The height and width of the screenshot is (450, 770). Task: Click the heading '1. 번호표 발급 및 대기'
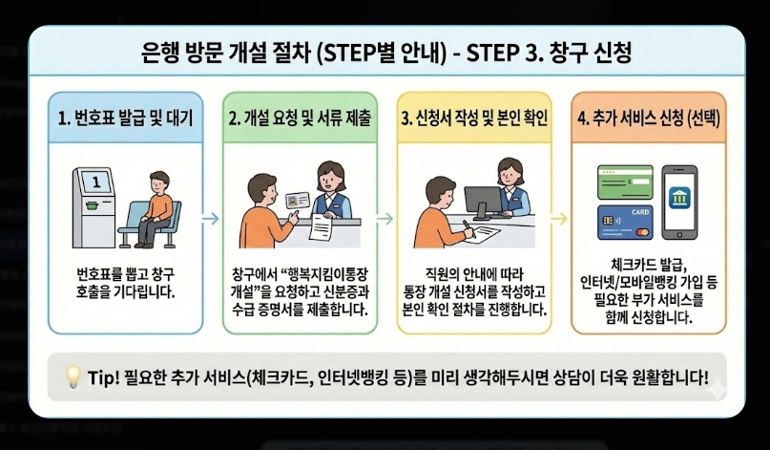click(x=125, y=119)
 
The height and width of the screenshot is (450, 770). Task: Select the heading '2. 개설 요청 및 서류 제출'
click(x=301, y=119)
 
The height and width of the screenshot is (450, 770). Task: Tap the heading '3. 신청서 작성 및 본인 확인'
click(x=474, y=119)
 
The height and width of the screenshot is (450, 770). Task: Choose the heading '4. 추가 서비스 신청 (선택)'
click(x=649, y=119)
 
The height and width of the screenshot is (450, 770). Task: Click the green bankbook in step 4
click(x=624, y=182)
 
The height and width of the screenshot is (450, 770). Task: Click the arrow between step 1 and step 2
click(x=213, y=219)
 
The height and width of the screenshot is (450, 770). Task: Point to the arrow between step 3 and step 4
click(x=561, y=219)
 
